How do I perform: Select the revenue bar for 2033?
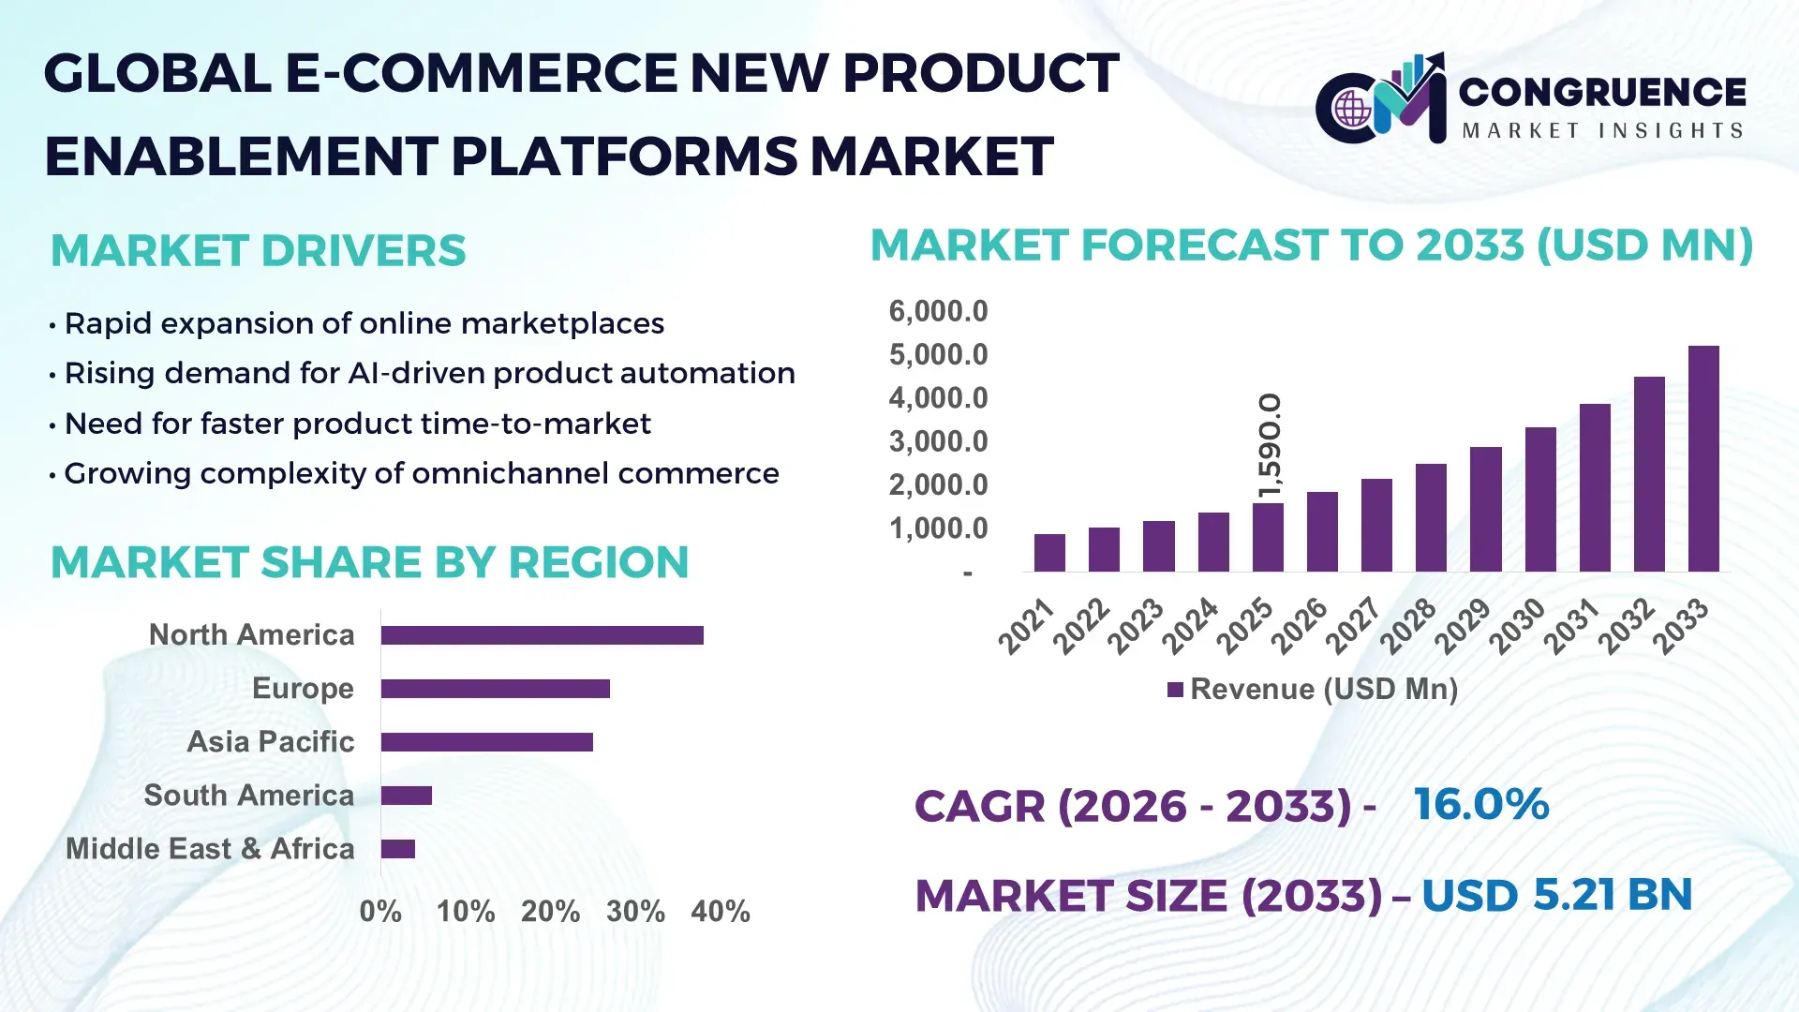click(x=1702, y=459)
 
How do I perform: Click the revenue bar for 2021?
click(x=1049, y=553)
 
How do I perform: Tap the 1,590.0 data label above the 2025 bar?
click(x=1270, y=446)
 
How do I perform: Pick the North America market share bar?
click(x=542, y=635)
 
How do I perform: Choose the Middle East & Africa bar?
click(x=398, y=849)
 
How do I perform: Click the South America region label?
click(x=249, y=796)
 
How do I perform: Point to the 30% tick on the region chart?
click(x=635, y=912)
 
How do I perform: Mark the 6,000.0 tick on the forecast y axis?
click(x=938, y=311)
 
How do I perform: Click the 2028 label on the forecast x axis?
click(x=1407, y=625)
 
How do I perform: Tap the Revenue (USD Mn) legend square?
click(x=1175, y=691)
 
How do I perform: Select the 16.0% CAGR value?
click(x=1480, y=805)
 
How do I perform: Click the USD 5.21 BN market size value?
click(x=1556, y=895)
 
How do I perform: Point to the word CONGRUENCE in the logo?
click(x=1602, y=92)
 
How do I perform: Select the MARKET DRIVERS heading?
click(x=259, y=251)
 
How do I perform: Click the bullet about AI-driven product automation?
click(x=429, y=374)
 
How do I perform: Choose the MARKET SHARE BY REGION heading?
click(x=369, y=563)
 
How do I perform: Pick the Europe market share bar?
click(x=495, y=689)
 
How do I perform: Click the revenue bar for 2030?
click(x=1539, y=499)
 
